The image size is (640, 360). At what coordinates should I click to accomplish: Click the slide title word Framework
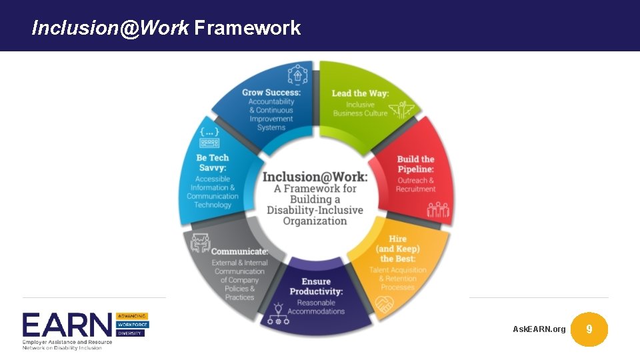247,28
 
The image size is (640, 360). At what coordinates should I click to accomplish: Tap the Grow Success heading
271,93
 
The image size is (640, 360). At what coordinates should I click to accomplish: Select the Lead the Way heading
360,93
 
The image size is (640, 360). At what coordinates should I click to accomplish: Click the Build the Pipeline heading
415,164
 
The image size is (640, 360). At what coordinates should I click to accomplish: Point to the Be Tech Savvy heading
213,163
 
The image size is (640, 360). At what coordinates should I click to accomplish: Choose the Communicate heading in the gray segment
239,251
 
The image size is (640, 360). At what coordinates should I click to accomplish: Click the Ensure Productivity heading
316,287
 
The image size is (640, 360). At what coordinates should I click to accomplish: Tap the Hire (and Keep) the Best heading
398,249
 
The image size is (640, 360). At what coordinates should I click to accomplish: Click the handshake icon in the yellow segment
385,305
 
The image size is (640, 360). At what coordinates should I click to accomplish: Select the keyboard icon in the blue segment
209,143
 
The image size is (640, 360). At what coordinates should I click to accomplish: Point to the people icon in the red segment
438,211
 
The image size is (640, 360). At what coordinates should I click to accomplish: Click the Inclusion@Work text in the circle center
315,177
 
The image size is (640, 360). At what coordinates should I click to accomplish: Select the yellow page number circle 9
589,329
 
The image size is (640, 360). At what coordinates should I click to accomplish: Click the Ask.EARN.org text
539,329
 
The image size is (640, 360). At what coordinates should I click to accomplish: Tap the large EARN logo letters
67,325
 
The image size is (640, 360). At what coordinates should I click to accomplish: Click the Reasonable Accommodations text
316,307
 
